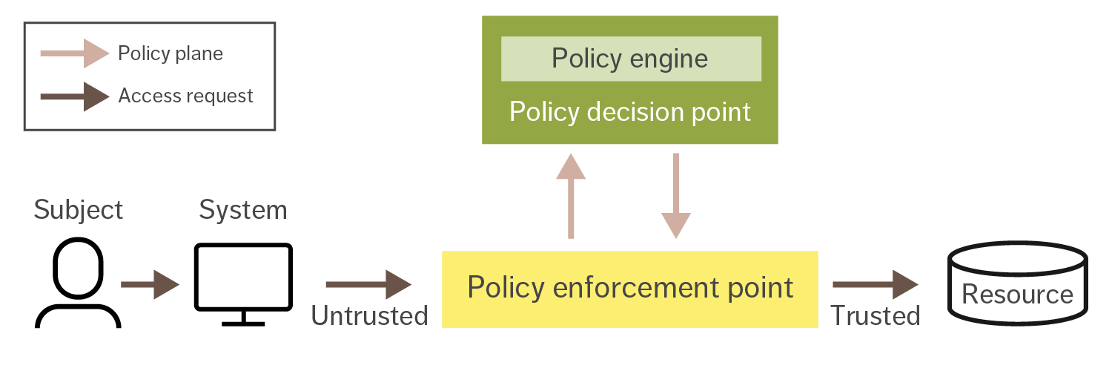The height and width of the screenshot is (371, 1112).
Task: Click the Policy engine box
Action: [630, 59]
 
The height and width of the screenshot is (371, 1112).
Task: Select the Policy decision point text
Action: [630, 112]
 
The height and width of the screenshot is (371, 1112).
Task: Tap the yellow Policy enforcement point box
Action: [630, 289]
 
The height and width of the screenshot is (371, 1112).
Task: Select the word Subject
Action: [78, 210]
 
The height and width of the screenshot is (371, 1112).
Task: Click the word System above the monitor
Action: [242, 210]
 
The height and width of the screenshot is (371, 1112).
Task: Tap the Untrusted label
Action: [369, 316]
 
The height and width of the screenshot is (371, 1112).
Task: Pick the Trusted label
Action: [875, 316]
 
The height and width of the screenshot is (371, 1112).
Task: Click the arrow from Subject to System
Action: [150, 284]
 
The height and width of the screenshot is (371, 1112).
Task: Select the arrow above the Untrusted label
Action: [368, 284]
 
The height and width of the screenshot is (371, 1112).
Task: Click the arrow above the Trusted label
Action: [876, 284]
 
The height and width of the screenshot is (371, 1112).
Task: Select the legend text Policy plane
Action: [171, 53]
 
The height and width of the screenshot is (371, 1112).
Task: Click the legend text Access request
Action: [185, 96]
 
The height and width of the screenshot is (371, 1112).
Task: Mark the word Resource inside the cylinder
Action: [1017, 295]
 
